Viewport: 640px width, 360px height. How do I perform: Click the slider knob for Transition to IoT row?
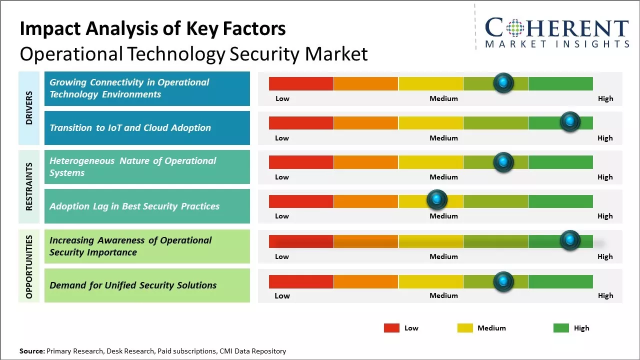click(x=569, y=121)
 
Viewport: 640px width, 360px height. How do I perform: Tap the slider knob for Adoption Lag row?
click(x=437, y=200)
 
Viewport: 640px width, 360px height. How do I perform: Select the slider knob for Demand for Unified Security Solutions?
click(x=503, y=281)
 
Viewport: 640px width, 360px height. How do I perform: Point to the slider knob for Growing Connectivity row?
click(x=503, y=82)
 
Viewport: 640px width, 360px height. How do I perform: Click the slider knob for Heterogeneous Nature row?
click(x=503, y=162)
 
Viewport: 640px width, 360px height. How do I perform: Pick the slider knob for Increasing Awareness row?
click(x=569, y=240)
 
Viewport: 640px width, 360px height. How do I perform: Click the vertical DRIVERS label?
click(x=29, y=108)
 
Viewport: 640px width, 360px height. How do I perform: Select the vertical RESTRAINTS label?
click(x=29, y=186)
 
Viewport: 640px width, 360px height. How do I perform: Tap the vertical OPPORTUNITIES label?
click(x=29, y=266)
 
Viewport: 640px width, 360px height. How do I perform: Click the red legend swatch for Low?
click(x=391, y=328)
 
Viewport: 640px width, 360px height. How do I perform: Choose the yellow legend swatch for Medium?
click(x=465, y=328)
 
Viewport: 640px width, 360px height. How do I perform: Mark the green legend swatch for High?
click(x=561, y=328)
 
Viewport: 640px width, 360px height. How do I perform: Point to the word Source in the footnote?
click(x=31, y=351)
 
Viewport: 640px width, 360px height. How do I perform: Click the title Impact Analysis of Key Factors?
click(x=152, y=29)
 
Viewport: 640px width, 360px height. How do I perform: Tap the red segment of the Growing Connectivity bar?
click(x=301, y=83)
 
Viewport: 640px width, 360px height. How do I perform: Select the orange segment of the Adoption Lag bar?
click(x=365, y=201)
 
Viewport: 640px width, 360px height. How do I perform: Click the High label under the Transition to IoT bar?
click(x=605, y=138)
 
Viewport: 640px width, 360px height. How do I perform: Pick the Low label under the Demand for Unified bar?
click(x=282, y=295)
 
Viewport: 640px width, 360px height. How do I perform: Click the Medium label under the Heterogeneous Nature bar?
click(x=443, y=177)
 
